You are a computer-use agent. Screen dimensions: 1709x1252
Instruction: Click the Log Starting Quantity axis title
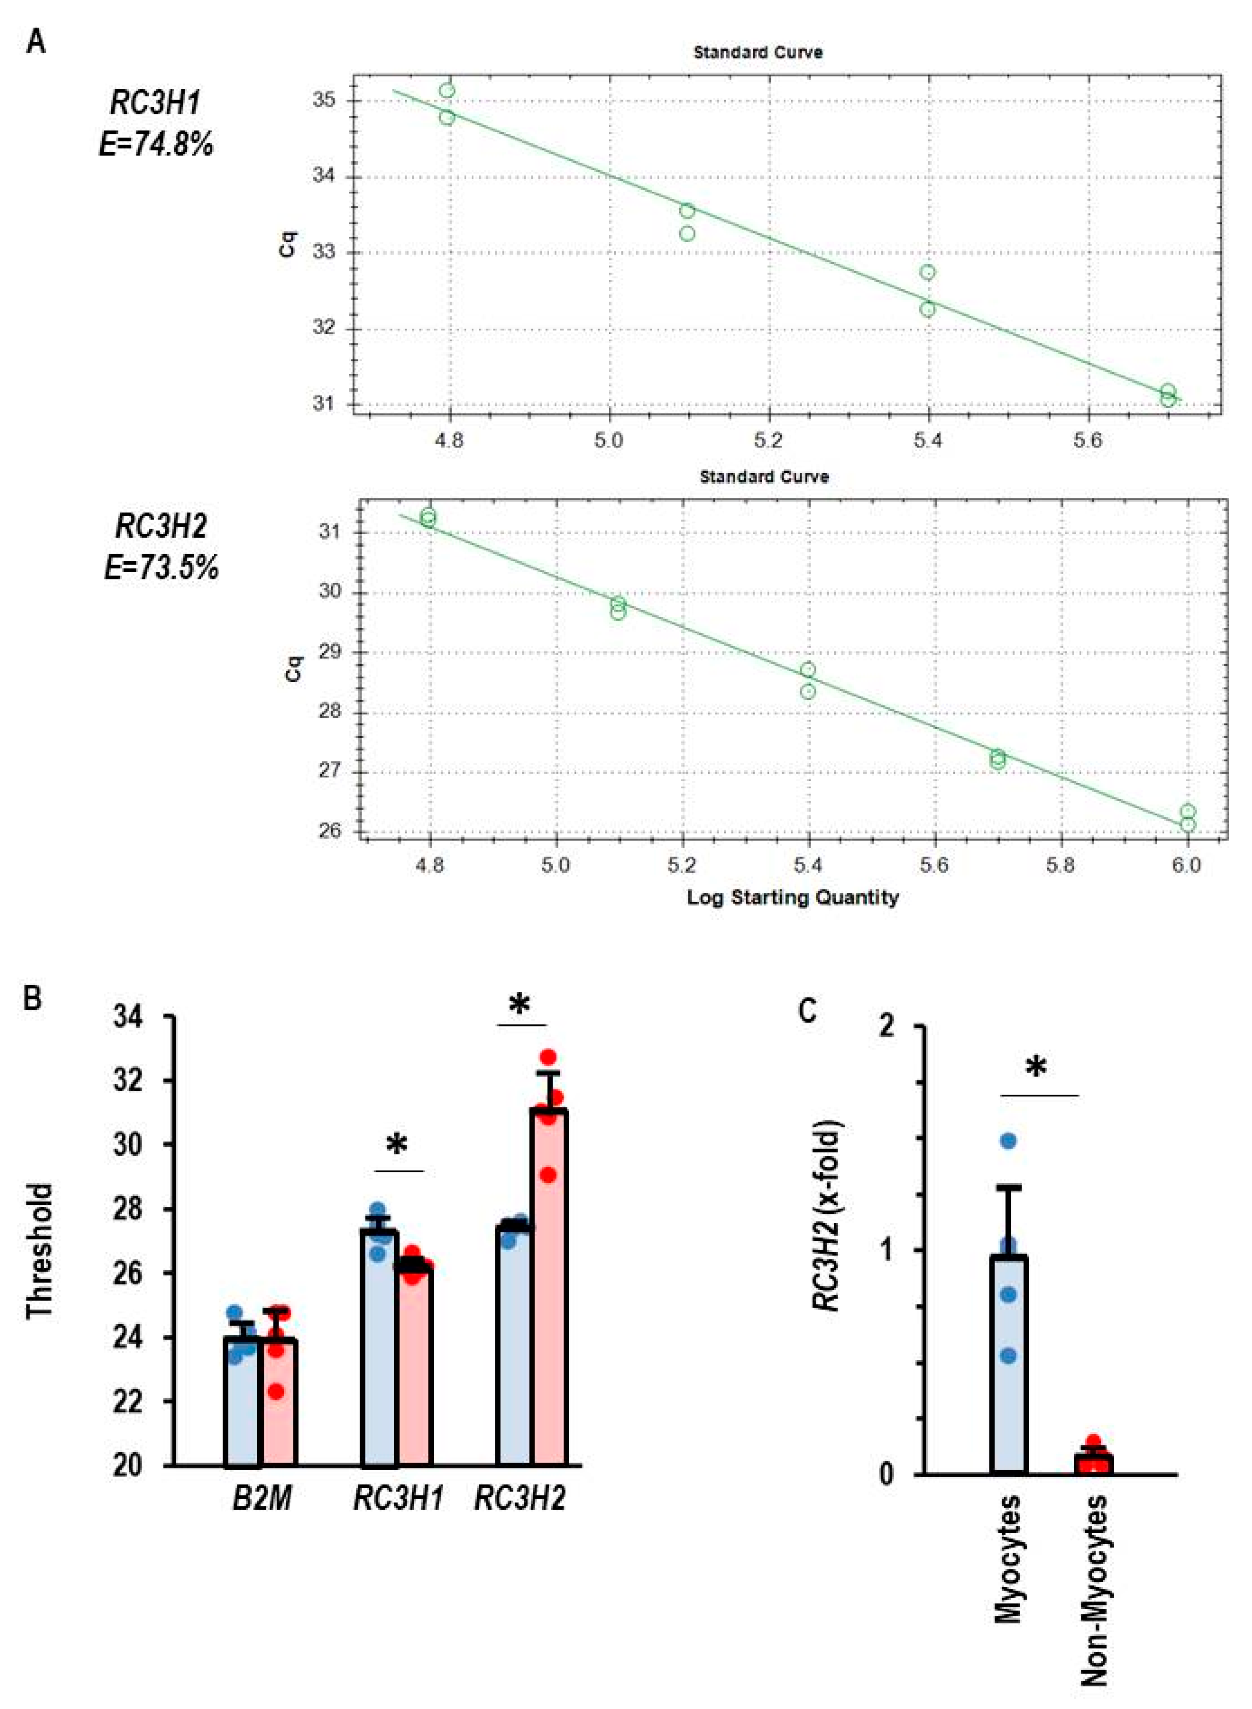click(x=793, y=897)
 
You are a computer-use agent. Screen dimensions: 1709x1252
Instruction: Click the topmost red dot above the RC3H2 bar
click(x=548, y=1057)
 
